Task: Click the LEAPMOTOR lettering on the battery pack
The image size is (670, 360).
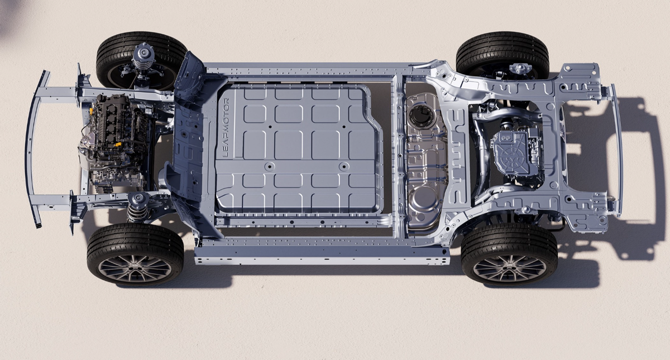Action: pos(226,128)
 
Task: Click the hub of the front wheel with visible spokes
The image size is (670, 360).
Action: pos(135,265)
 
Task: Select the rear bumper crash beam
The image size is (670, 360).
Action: pos(617,150)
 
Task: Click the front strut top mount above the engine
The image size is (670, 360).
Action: pos(143,53)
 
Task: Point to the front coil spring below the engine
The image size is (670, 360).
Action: pos(137,212)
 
